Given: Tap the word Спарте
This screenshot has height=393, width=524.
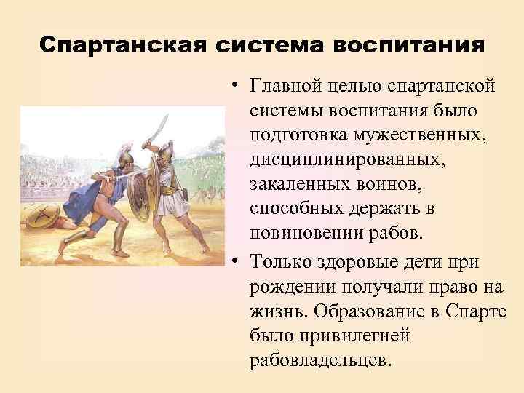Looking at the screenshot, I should point(477,309).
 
